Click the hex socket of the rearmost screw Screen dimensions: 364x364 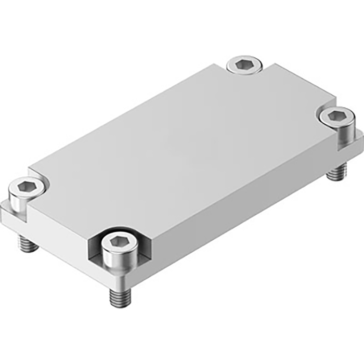point(243,64)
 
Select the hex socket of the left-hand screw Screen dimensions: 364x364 point(27,186)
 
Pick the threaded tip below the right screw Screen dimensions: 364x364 point(336,172)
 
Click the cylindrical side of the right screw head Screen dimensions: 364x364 point(335,133)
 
